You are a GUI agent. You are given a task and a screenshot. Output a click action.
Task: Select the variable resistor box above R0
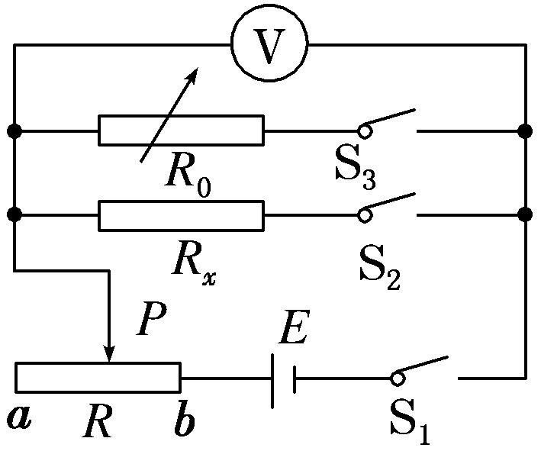pos(181,130)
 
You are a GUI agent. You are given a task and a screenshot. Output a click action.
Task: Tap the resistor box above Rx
pos(181,215)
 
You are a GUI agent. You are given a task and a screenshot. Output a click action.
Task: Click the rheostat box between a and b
pos(98,377)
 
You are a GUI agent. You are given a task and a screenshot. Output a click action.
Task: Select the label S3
pos(356,169)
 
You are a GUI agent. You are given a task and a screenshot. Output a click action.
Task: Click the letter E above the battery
pos(293,330)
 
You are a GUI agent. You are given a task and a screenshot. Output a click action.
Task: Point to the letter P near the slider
pos(152,323)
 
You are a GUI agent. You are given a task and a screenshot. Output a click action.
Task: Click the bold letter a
pos(20,417)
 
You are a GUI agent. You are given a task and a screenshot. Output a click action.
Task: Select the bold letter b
pos(184,422)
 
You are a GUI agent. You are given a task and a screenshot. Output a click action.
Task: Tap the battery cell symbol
pos(283,378)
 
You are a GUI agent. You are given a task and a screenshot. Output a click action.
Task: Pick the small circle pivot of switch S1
pos(396,378)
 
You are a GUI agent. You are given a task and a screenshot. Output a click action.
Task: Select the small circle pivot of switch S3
pos(365,131)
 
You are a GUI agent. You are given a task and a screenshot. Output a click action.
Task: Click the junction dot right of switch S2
pos(525,215)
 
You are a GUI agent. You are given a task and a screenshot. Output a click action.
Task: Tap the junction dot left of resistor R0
pos(14,130)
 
